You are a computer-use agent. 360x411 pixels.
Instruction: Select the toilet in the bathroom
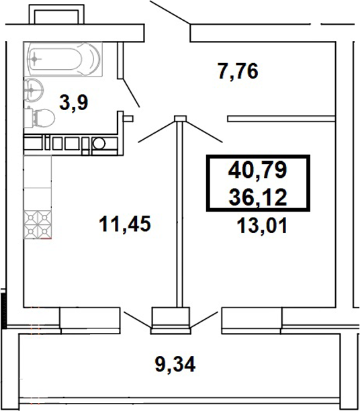(40, 118)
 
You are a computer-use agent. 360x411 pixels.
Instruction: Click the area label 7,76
(238, 70)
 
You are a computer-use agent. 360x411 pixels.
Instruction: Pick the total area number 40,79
(258, 171)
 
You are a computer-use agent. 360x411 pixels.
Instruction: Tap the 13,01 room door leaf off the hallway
(204, 130)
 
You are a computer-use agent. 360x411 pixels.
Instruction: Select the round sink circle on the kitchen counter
(99, 142)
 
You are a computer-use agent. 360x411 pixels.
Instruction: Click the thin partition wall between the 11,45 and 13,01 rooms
(179, 215)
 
